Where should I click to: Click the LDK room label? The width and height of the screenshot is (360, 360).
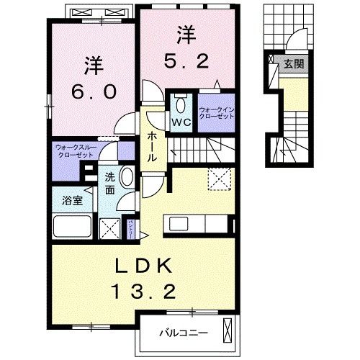click(144, 266)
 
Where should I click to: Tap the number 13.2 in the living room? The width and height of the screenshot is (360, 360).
click(144, 292)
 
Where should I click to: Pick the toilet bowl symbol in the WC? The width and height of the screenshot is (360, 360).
click(180, 103)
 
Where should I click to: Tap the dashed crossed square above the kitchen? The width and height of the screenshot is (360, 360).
click(217, 177)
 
